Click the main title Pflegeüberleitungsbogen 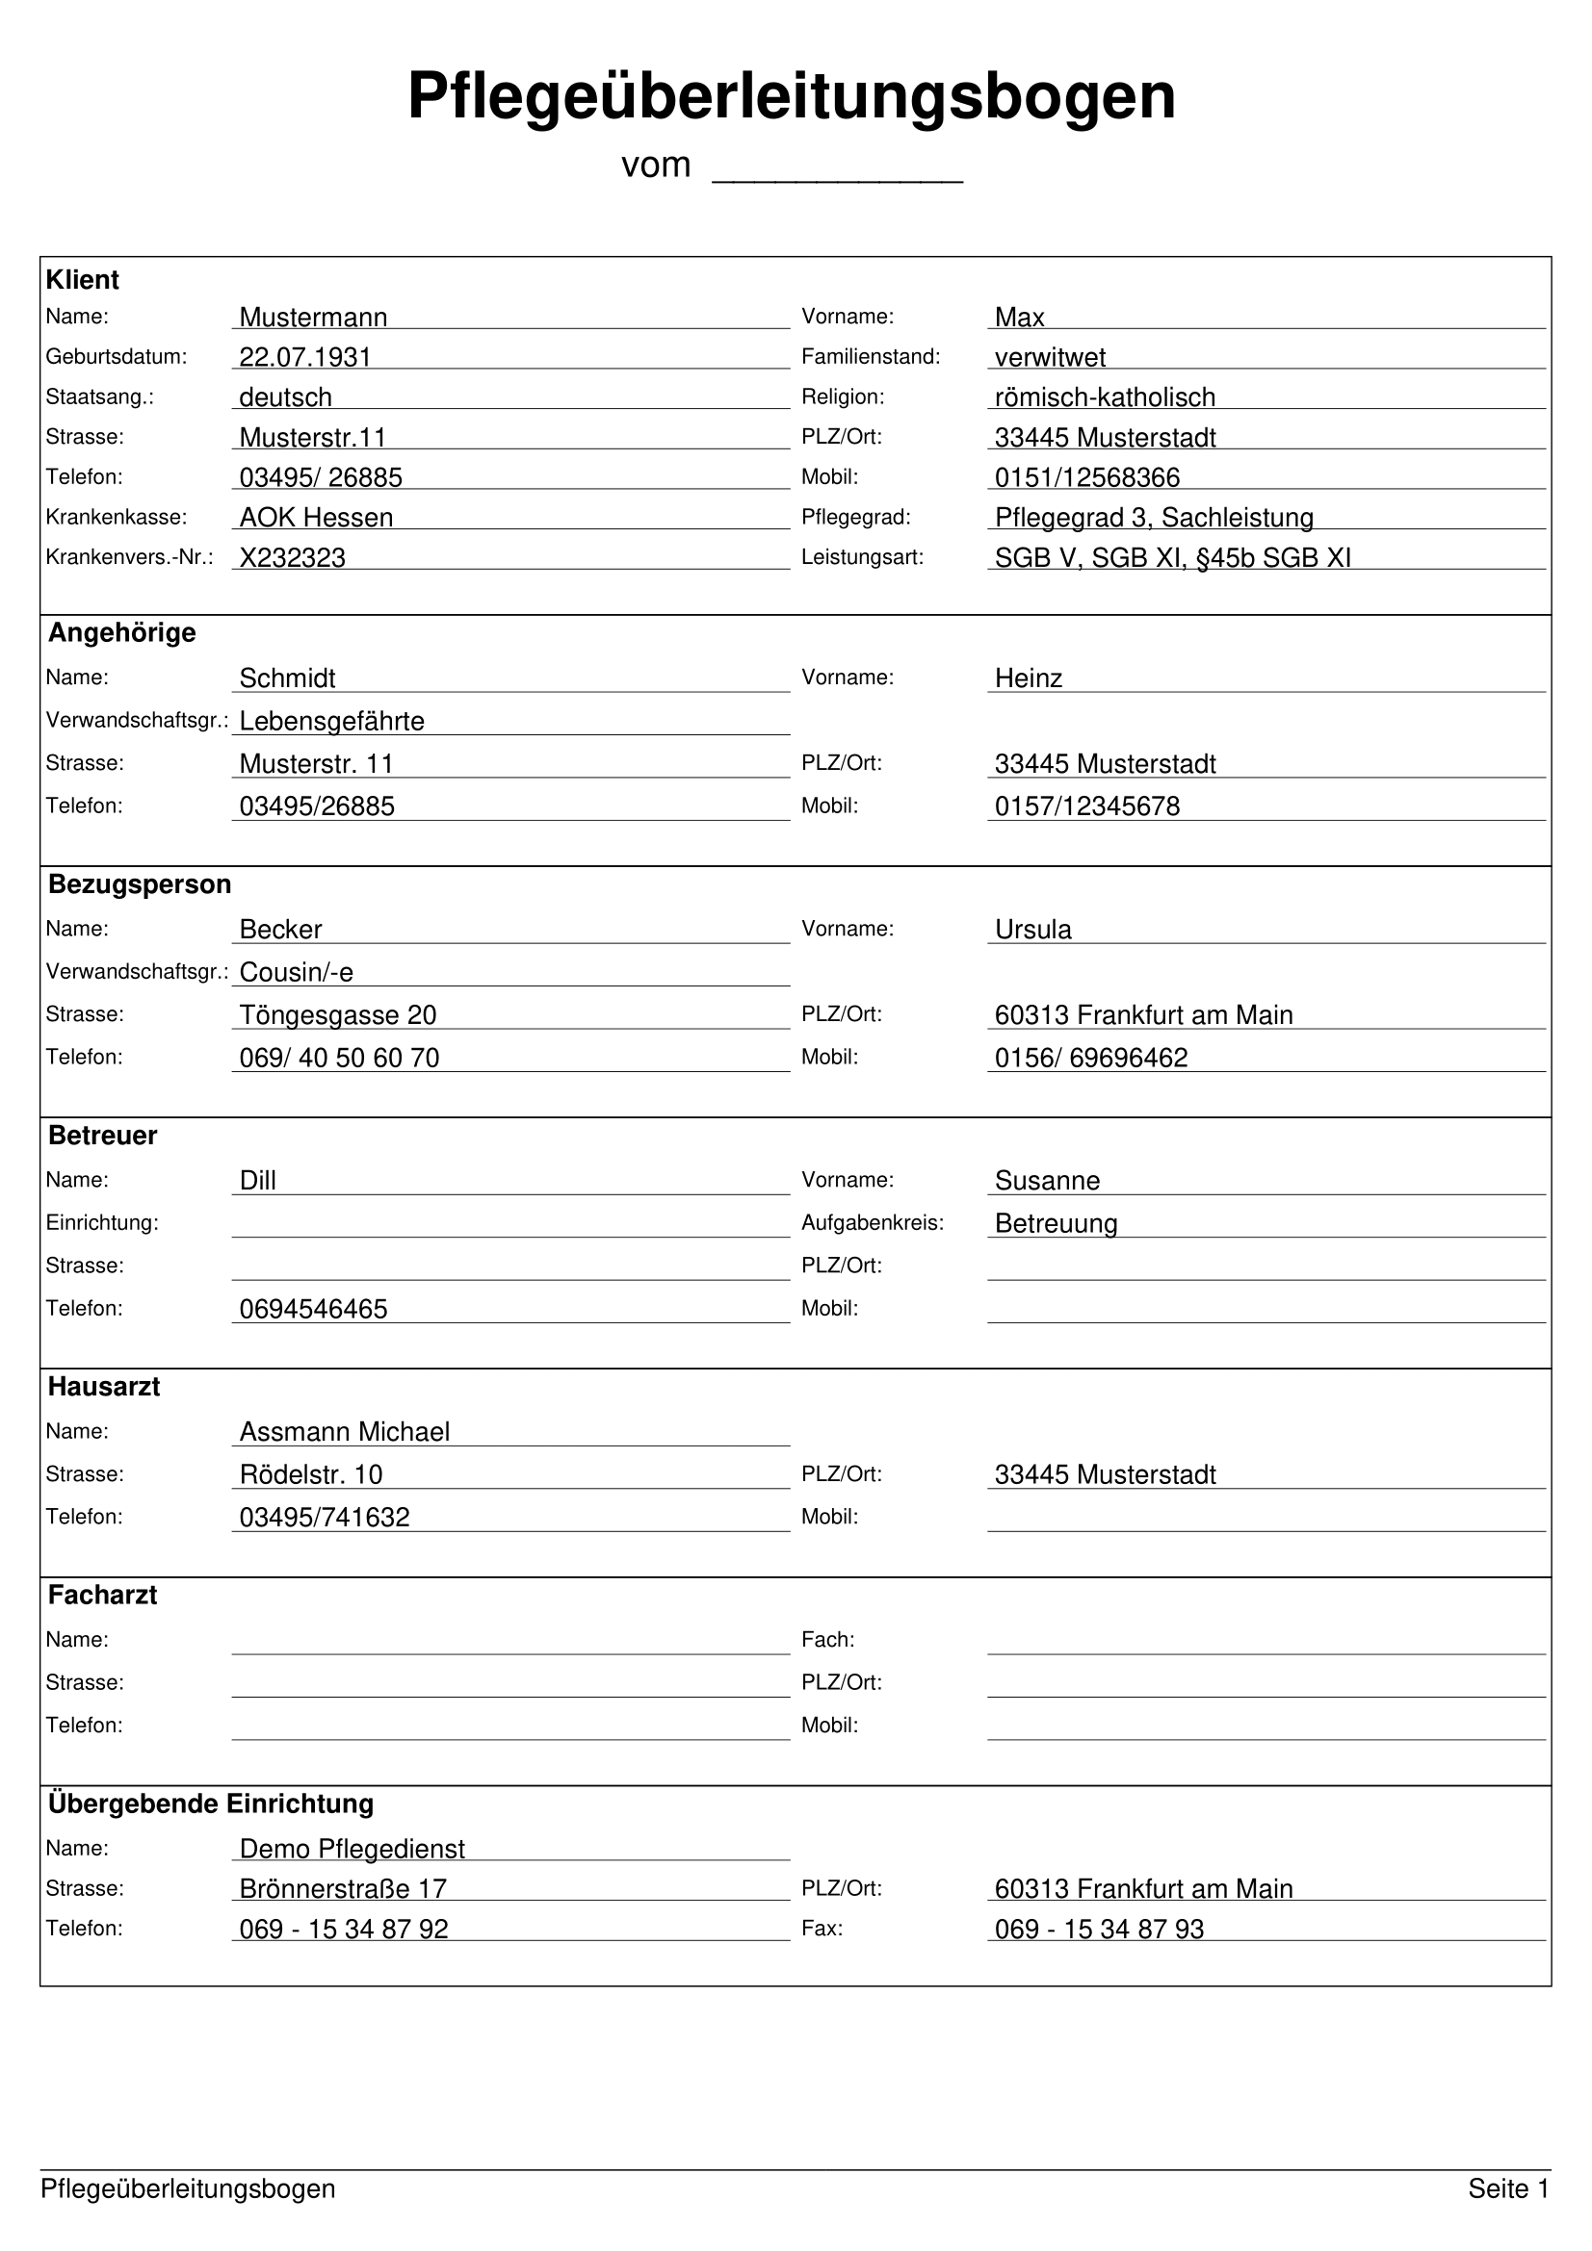coord(791,96)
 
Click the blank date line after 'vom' coord(837,168)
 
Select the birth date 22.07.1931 coord(305,357)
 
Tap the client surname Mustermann coord(313,317)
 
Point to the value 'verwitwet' coord(1050,357)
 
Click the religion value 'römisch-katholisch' coord(1105,397)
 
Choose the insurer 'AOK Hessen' coord(316,517)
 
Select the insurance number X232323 coord(293,557)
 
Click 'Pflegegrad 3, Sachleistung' coord(1154,517)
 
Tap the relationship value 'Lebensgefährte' coord(331,721)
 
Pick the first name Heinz coord(1028,678)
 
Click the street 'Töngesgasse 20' coord(337,1014)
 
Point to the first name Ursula coord(1032,929)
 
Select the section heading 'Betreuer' coord(102,1136)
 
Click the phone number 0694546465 coord(313,1309)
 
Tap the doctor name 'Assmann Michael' coord(344,1431)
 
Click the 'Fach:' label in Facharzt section coord(827,1639)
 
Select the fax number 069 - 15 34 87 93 coord(1099,1929)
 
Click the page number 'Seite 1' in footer coord(1507,2188)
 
